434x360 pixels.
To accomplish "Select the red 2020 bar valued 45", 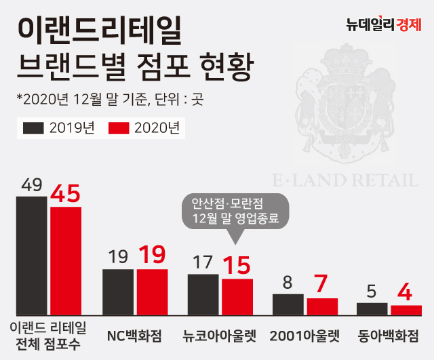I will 66,261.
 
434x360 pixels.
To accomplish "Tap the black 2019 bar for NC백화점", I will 119,292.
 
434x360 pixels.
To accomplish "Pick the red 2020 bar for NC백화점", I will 153,292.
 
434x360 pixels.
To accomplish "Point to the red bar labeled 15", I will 237,297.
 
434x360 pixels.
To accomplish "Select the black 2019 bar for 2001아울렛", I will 288,304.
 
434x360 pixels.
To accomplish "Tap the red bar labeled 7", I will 322,306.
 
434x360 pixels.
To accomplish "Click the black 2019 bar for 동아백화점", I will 372,308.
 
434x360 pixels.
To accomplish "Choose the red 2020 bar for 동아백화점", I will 406,310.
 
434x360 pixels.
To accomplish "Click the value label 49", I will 32,185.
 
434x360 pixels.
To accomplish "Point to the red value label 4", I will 406,293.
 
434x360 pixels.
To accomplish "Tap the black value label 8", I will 288,283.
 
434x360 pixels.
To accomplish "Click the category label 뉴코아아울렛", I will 220,335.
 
